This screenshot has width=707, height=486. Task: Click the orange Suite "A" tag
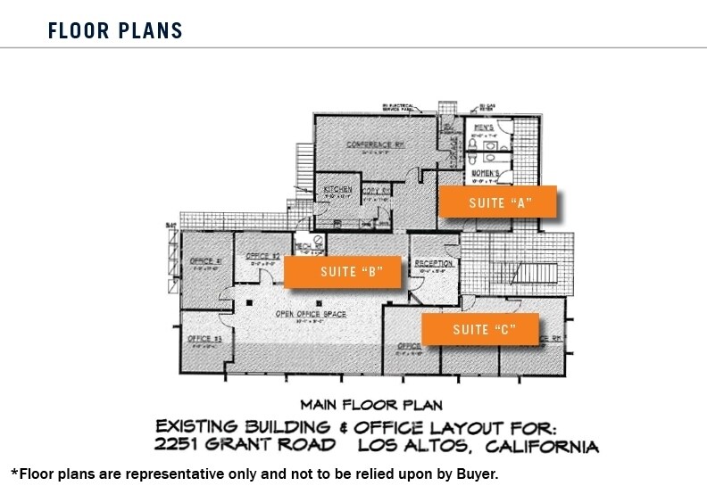pyautogui.click(x=498, y=202)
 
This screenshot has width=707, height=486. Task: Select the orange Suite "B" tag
pyautogui.click(x=346, y=272)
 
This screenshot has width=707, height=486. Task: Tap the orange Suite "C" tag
pyautogui.click(x=480, y=330)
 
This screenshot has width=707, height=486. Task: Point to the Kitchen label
pyautogui.click(x=337, y=189)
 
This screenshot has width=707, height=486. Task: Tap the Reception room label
pyautogui.click(x=434, y=263)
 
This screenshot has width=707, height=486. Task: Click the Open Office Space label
pyautogui.click(x=311, y=315)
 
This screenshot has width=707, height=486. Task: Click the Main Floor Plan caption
pyautogui.click(x=371, y=405)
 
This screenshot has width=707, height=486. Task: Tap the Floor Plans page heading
pyautogui.click(x=115, y=31)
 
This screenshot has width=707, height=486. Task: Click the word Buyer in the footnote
pyautogui.click(x=474, y=474)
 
